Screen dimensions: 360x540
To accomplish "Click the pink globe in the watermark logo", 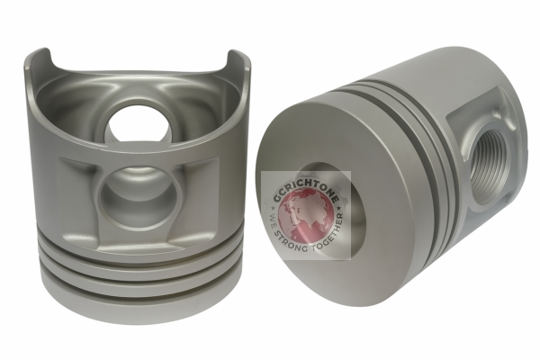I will (x=306, y=216).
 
